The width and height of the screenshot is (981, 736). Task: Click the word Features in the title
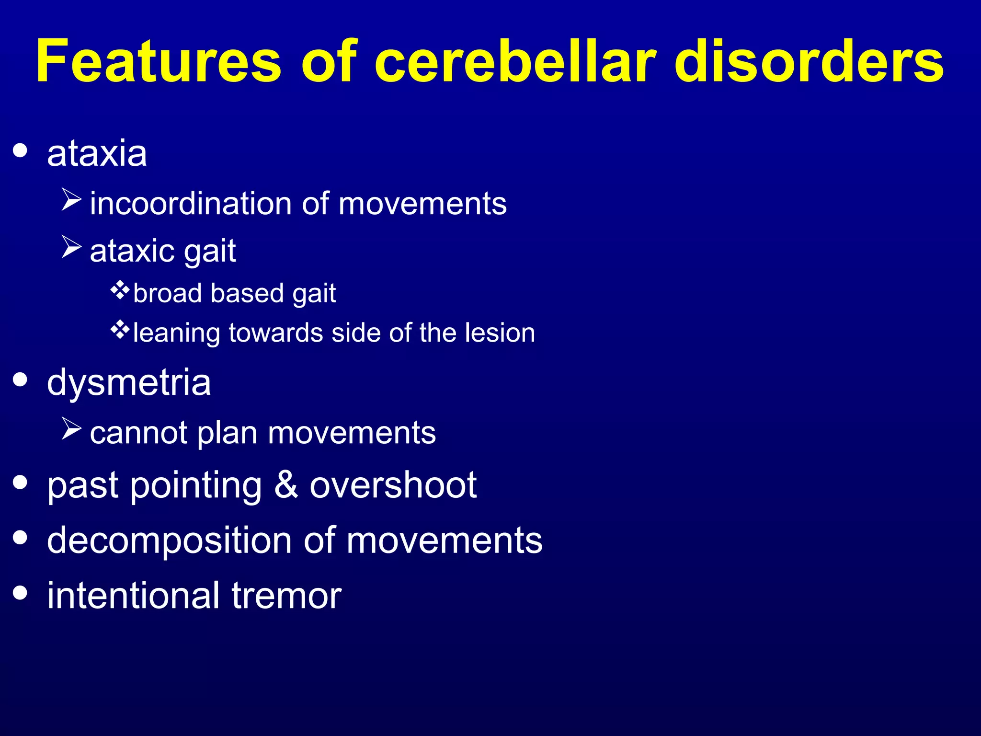pos(158,61)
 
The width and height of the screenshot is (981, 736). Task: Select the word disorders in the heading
pos(809,61)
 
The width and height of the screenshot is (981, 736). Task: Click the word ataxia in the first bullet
pos(97,154)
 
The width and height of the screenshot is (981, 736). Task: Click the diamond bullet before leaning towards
pos(120,329)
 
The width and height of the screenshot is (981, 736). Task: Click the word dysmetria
pos(129,383)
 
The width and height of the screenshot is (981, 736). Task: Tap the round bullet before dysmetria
pos(20,380)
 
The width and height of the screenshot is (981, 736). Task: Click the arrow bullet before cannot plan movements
pos(71,428)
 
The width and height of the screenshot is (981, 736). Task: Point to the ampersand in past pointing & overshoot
pos(286,485)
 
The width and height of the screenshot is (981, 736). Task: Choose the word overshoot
pos(393,485)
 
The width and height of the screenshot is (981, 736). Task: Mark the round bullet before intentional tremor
pos(20,592)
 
